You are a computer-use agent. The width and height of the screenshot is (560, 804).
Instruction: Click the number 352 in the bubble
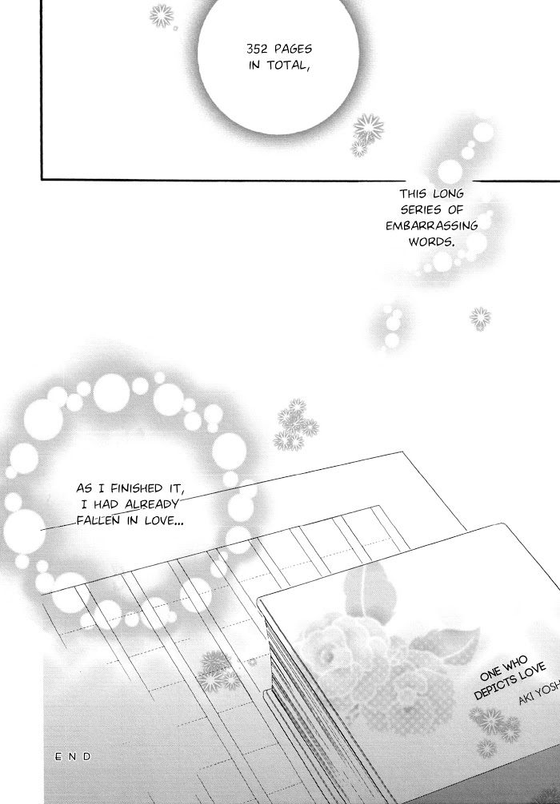[257, 50]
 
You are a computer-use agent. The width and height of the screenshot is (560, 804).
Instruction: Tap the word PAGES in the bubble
[293, 49]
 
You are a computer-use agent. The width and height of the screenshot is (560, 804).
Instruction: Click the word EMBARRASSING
[432, 225]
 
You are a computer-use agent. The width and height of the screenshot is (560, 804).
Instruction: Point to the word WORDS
[431, 241]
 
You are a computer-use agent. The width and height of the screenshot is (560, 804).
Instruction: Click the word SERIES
[421, 209]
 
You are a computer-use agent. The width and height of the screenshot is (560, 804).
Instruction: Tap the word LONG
[448, 194]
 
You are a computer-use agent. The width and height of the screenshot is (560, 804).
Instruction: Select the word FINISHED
[135, 488]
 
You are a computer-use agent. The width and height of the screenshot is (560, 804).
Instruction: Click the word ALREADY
[152, 504]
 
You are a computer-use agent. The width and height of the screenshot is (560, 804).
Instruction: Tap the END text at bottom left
[73, 756]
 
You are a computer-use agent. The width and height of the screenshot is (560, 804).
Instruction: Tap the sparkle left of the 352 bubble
[162, 16]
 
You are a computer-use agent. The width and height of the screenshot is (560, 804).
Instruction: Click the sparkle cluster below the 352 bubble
[366, 134]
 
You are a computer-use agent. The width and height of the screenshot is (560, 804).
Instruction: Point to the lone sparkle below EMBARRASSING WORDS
[480, 318]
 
